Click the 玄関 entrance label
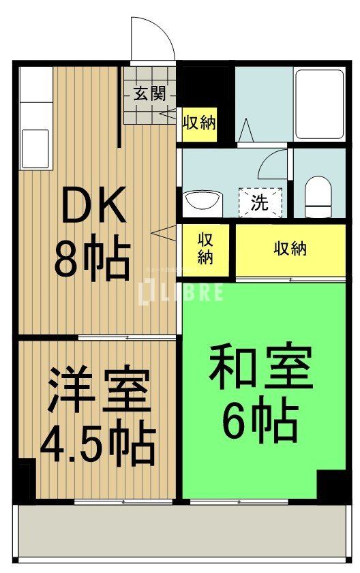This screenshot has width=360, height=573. (x=149, y=94)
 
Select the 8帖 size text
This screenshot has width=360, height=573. (x=92, y=260)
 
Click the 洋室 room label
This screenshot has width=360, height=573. (x=97, y=391)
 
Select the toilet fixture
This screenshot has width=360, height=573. (x=317, y=195)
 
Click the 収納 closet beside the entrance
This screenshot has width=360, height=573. (x=199, y=123)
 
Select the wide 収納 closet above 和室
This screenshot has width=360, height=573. (x=290, y=249)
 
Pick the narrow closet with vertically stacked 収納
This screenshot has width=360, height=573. (x=205, y=249)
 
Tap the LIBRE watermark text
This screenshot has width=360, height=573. (x=181, y=292)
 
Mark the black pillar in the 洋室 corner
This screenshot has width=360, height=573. (x=26, y=480)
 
